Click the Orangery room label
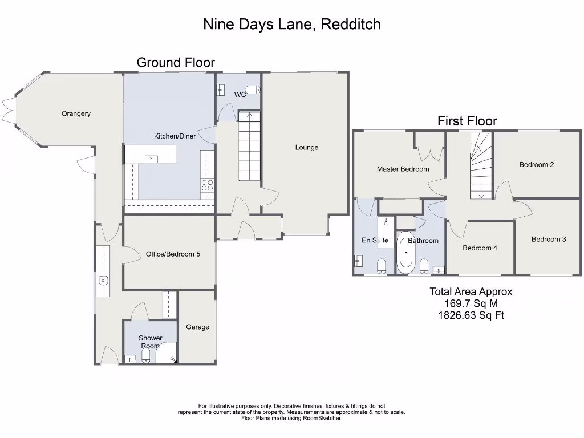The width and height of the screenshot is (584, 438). click(76, 113)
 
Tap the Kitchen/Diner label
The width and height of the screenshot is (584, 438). click(175, 136)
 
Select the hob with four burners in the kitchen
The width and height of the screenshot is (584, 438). click(207, 184)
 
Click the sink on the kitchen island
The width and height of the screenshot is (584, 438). click(151, 159)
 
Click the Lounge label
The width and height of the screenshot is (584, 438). click(307, 147)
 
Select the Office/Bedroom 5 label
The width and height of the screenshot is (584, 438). click(173, 254)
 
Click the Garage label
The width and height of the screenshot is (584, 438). click(197, 327)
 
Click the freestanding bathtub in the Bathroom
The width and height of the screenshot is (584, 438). click(405, 252)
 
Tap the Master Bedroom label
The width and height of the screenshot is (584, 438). click(403, 169)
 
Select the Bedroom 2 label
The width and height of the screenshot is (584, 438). click(537, 165)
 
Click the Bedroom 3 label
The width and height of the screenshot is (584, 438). click(549, 239)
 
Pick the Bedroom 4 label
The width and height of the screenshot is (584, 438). click(480, 248)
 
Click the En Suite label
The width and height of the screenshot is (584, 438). click(375, 240)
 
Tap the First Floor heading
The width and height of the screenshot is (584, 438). click(467, 121)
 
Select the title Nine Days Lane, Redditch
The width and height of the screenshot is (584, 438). click(292, 24)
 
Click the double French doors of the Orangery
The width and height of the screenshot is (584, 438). click(7, 109)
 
